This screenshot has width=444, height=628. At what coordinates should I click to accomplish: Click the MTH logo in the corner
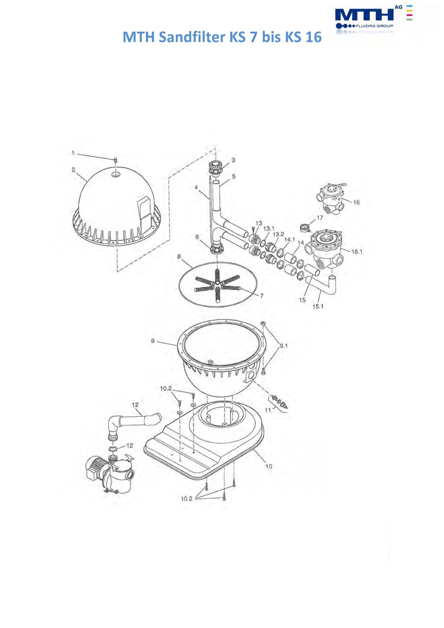(x=373, y=17)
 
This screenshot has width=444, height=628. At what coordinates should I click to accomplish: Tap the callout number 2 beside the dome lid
(x=73, y=170)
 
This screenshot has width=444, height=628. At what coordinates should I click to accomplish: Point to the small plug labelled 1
(x=115, y=160)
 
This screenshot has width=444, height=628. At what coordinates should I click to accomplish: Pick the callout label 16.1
(x=357, y=252)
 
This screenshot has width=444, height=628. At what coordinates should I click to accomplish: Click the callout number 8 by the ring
(x=179, y=256)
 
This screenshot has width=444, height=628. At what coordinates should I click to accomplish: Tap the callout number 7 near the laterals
(x=261, y=296)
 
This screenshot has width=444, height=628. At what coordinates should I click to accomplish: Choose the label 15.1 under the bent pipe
(x=318, y=307)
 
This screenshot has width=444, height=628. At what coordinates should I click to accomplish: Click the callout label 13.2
(x=278, y=234)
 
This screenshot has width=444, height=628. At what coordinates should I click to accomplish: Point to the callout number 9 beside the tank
(x=153, y=341)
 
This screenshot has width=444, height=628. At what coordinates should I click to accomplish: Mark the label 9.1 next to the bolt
(x=284, y=346)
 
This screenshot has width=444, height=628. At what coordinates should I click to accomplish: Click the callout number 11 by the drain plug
(x=268, y=410)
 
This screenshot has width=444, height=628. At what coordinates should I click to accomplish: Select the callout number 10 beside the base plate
(x=269, y=466)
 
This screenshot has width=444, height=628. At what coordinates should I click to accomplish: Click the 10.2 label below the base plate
(x=187, y=499)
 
